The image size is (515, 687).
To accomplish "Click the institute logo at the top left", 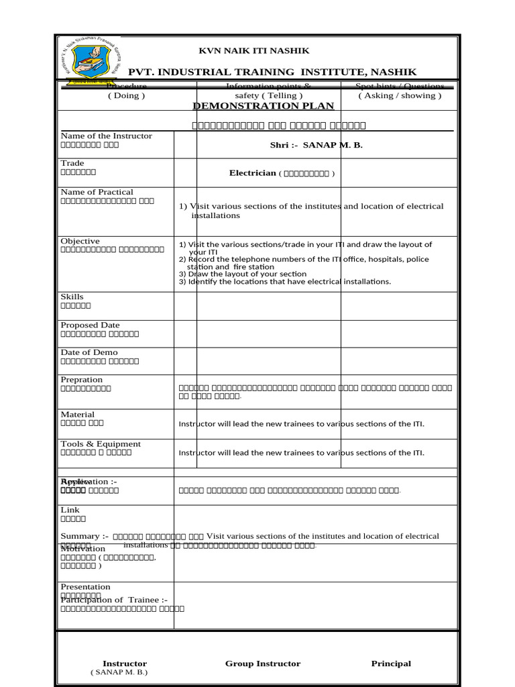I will [x=89, y=60].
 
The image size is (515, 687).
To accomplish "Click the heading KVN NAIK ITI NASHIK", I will [x=253, y=51].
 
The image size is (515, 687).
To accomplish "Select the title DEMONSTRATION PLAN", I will [x=263, y=106].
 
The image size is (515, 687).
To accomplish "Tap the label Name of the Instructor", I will [x=106, y=136].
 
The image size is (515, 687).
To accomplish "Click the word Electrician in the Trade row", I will [x=253, y=173].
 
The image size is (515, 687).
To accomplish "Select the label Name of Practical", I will [x=97, y=193].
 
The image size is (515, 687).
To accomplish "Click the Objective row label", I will [x=80, y=242].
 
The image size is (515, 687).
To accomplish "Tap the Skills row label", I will [x=72, y=297].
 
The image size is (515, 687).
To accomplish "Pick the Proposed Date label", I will [x=90, y=325].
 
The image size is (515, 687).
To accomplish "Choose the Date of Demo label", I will [x=89, y=353].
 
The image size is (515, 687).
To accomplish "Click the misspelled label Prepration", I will [x=81, y=380].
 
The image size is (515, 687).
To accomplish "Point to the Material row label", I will [x=78, y=415].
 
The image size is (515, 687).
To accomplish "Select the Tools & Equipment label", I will [x=101, y=444].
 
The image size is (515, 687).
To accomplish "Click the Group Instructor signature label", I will [x=263, y=664].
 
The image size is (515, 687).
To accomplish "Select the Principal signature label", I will [x=391, y=664].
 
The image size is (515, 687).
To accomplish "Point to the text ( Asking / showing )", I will [x=400, y=96].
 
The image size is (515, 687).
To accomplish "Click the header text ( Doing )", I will [x=126, y=96].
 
